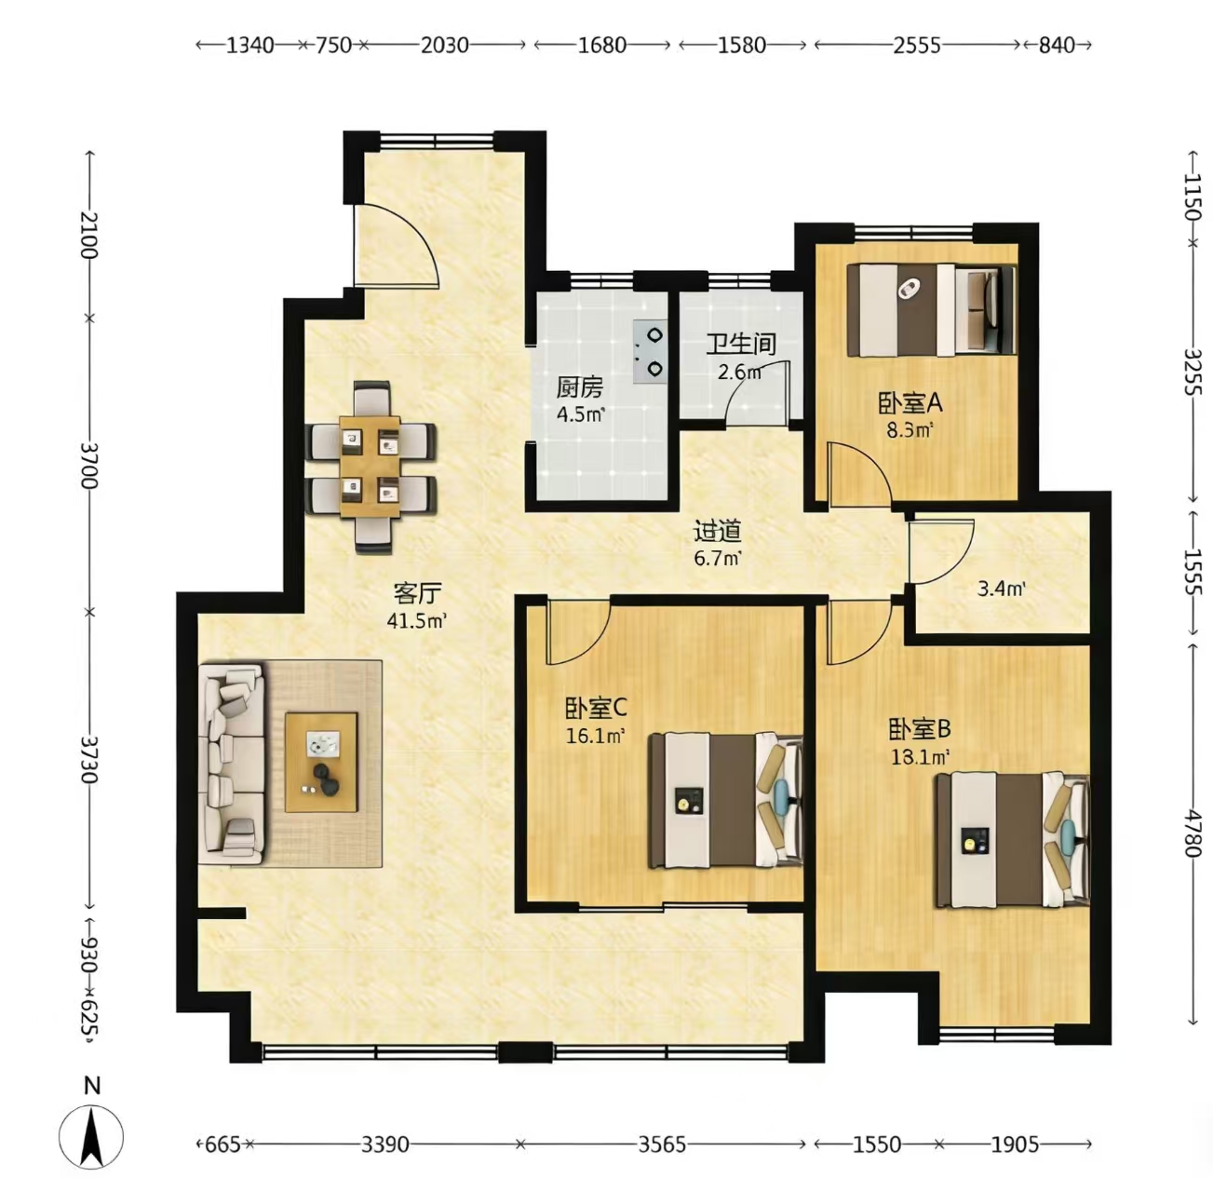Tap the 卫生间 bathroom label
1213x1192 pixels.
click(x=740, y=345)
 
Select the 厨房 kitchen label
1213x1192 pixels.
click(x=580, y=388)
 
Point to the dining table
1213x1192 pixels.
click(x=370, y=467)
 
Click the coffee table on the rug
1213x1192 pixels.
click(x=321, y=762)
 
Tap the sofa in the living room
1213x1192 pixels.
click(x=231, y=763)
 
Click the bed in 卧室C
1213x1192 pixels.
click(x=726, y=800)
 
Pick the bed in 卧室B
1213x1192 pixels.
click(x=1012, y=840)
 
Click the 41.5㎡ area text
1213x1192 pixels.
click(x=417, y=621)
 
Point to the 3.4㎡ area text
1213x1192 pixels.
click(x=1001, y=589)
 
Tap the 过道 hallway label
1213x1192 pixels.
click(x=717, y=532)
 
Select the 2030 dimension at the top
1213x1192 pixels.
click(x=444, y=46)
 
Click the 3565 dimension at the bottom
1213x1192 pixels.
click(x=662, y=1145)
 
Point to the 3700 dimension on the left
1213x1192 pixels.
click(x=90, y=466)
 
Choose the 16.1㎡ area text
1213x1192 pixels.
click(x=596, y=736)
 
